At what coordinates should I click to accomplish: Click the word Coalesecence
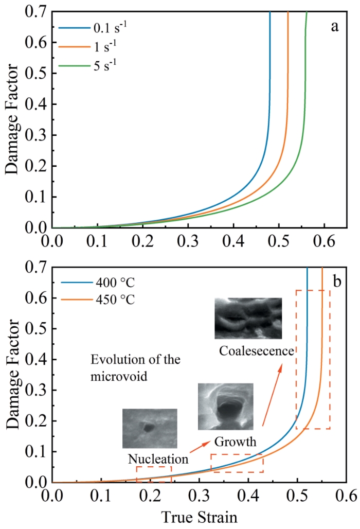[256, 351]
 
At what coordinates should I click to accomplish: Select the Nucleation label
[157, 457]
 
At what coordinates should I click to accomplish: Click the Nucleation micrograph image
[150, 428]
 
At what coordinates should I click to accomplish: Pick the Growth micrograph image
[225, 406]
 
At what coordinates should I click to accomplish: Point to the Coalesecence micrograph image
[248, 318]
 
